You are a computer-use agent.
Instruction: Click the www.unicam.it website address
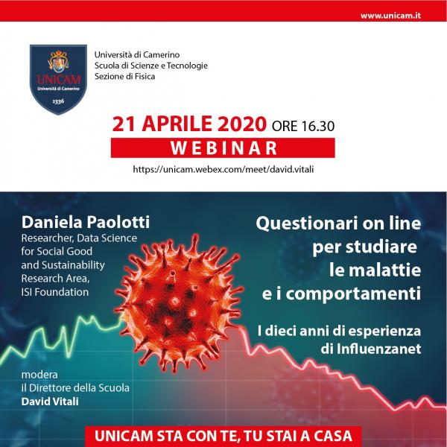click(x=390, y=16)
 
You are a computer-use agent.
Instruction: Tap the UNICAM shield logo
click(x=58, y=79)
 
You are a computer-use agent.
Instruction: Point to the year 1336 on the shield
click(x=58, y=101)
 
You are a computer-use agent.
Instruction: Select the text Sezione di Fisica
click(x=125, y=77)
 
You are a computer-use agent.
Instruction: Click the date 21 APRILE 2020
click(x=189, y=124)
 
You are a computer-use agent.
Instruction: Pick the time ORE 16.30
click(x=303, y=126)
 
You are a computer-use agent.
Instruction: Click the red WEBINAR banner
click(x=223, y=148)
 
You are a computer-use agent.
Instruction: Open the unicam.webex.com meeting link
click(x=223, y=169)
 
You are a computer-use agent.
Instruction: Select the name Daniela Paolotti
click(x=86, y=222)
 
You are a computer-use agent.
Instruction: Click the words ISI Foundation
click(x=54, y=292)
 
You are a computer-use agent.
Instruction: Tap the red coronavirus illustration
click(x=179, y=302)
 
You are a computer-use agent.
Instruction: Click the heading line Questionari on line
click(x=338, y=223)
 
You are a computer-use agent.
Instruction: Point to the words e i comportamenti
click(x=341, y=294)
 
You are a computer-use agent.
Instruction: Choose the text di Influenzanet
click(x=371, y=349)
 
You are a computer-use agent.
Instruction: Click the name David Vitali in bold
click(x=50, y=402)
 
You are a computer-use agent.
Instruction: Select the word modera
click(x=39, y=374)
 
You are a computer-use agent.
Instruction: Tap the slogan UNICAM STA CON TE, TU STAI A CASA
click(x=223, y=436)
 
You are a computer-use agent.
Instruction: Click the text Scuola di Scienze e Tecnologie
click(x=151, y=66)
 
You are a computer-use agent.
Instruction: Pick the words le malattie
click(x=375, y=270)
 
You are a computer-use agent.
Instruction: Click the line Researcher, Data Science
click(x=79, y=238)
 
